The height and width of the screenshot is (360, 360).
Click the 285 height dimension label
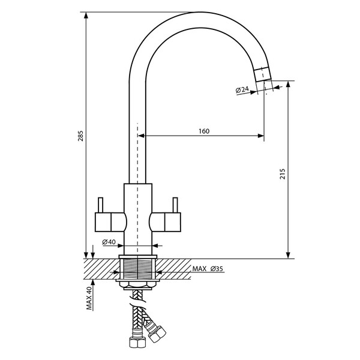81,136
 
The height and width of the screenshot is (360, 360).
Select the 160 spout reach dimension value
204,131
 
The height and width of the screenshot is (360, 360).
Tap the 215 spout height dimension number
283,174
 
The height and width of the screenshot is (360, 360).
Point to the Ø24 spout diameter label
242,89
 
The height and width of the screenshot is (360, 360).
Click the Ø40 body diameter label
109,242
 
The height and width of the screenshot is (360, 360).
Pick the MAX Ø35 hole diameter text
208,269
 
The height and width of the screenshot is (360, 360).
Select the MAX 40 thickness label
89,298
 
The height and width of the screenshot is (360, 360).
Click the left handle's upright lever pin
100,205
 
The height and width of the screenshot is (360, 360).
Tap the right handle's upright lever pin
175,205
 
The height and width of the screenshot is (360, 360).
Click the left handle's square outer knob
103,222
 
